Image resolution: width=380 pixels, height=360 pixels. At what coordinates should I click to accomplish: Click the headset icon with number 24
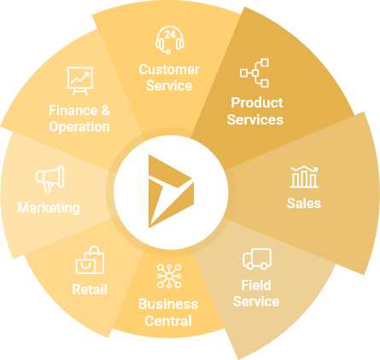tap(170, 40)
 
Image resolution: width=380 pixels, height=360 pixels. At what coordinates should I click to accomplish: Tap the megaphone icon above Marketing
tap(50, 178)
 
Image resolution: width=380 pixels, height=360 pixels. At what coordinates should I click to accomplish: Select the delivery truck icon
tap(257, 258)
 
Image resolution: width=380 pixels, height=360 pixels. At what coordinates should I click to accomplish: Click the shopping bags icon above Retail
tap(90, 260)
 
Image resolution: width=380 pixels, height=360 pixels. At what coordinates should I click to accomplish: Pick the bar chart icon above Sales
tap(304, 177)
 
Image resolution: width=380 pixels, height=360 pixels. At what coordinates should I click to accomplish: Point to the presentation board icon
tap(80, 81)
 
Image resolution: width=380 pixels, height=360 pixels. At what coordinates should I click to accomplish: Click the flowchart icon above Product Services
tap(254, 73)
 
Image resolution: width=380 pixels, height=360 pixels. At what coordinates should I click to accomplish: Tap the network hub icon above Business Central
tap(169, 276)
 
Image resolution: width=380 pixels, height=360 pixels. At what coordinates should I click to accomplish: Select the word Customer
tap(169, 70)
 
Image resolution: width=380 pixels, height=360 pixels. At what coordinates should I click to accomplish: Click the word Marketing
tap(49, 208)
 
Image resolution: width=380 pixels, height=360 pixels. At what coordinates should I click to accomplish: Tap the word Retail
tap(90, 289)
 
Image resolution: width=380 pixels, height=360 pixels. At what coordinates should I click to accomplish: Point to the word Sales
tap(304, 203)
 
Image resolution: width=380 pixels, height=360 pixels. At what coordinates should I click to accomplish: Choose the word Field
tap(256, 285)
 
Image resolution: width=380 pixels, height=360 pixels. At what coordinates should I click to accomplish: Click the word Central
tap(168, 321)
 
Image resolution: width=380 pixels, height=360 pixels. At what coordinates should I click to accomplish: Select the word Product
tap(257, 102)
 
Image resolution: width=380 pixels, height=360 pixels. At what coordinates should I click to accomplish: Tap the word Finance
tap(73, 110)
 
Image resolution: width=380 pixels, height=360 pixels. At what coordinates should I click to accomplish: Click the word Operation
tap(79, 127)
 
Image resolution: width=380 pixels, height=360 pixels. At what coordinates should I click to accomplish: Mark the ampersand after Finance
tap(106, 110)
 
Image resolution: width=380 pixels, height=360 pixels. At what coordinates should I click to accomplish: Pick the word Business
tap(168, 305)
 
